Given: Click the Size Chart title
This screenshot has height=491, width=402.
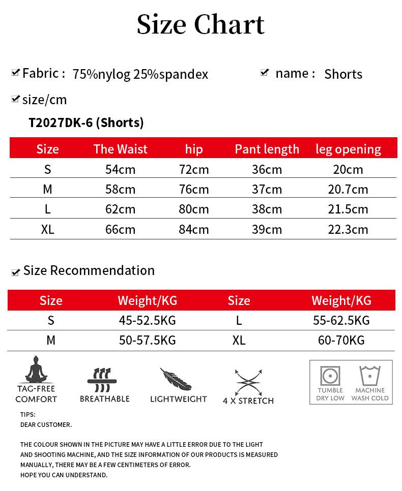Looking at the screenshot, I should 200,24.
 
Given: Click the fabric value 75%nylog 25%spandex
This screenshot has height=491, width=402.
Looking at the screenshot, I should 140,74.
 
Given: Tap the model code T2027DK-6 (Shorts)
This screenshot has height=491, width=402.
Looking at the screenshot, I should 86,122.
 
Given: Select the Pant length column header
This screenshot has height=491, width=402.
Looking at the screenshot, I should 267,149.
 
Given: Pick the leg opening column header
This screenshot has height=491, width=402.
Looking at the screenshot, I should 348,149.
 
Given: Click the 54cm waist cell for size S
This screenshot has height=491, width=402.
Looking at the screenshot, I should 120,169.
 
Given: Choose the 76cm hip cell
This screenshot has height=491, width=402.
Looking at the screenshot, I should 194,189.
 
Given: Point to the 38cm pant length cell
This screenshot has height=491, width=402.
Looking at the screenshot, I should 267,209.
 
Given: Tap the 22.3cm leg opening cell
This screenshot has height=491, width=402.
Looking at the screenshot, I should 348,229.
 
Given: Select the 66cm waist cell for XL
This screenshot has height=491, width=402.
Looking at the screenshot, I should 120,229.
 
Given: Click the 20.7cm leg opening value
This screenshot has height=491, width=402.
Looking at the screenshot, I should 348,189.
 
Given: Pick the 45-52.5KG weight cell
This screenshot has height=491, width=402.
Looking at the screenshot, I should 147,320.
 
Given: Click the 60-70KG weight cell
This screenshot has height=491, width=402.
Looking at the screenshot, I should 341,340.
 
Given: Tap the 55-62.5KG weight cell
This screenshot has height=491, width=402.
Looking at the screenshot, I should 341,320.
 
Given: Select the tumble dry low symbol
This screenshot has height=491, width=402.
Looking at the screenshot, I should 330,376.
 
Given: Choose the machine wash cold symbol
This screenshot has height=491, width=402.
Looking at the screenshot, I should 370,376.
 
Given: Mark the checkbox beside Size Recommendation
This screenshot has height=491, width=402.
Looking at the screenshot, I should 15,272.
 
